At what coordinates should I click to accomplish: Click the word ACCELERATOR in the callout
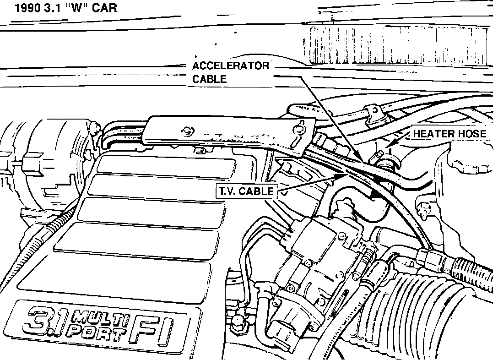pos(231,65)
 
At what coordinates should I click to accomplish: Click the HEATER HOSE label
pos(449,134)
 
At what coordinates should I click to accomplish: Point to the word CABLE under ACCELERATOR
pos(209,79)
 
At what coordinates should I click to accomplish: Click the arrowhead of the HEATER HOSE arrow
pos(387,145)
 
